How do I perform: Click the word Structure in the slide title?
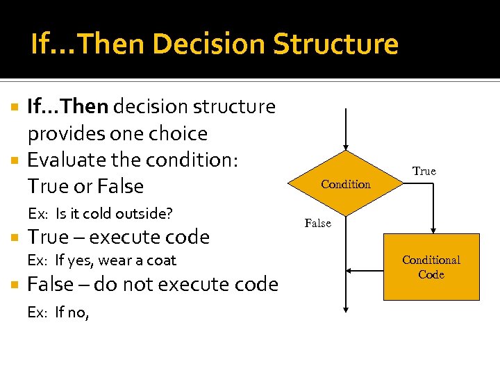[335, 44]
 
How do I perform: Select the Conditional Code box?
[431, 267]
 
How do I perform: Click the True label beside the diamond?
[424, 171]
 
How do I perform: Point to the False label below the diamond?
[318, 223]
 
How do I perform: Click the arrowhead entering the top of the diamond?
[346, 147]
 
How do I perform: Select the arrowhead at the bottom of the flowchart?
[346, 310]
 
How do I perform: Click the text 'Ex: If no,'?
[58, 312]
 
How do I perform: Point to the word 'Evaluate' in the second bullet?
[61, 160]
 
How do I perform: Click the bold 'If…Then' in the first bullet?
[67, 107]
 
